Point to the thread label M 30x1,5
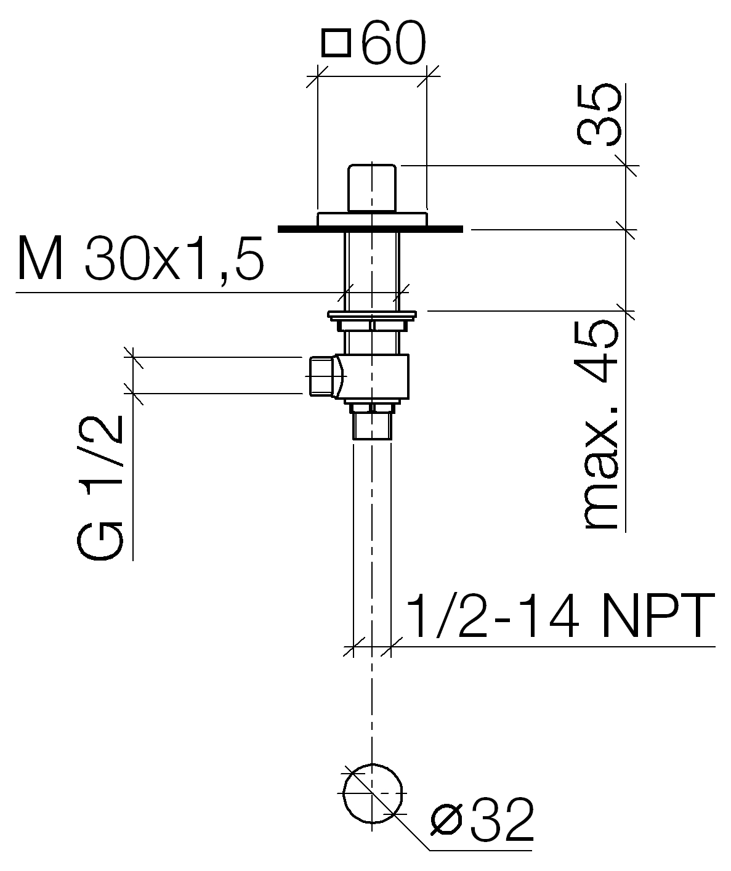140,258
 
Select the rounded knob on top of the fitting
372,188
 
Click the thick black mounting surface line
370,229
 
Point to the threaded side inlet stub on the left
323,376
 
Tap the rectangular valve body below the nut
373,377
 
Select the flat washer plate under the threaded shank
372,314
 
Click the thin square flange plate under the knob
373,219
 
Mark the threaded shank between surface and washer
372,272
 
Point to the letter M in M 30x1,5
40,259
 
